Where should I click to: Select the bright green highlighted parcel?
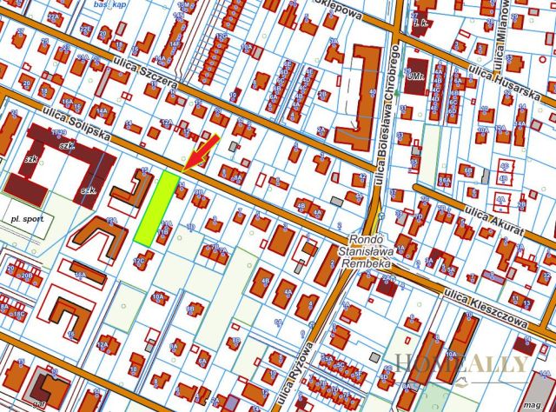pyautogui.click(x=156, y=207)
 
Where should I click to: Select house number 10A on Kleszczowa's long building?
pyautogui.click(x=452, y=355)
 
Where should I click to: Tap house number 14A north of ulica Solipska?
pyautogui.click(x=102, y=111)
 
